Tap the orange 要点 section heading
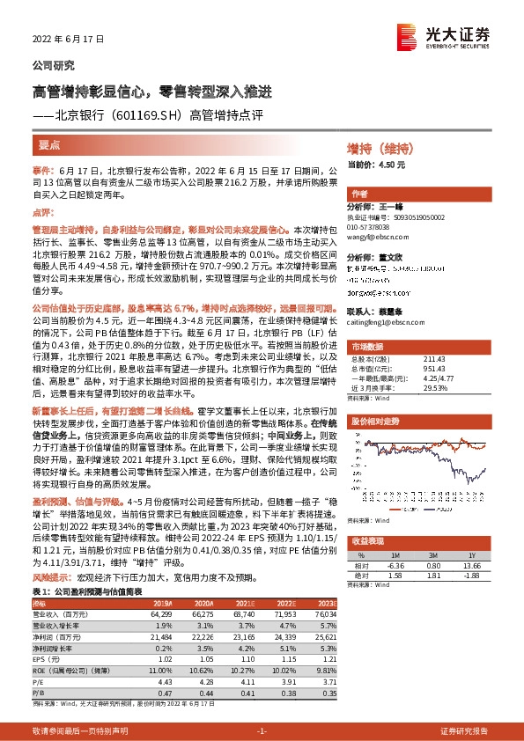49,143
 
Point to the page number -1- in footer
261,731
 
